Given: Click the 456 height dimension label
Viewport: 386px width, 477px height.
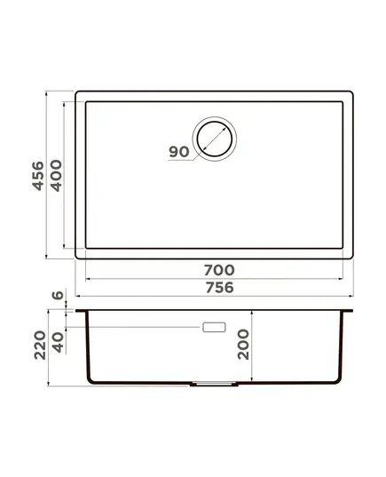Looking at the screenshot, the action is pyautogui.click(x=38, y=176).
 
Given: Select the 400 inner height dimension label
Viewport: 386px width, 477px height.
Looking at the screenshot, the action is pyautogui.click(x=56, y=176).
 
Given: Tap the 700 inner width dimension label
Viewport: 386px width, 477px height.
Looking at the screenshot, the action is pyautogui.click(x=219, y=270).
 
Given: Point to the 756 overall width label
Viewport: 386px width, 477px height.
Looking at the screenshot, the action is pyautogui.click(x=220, y=288).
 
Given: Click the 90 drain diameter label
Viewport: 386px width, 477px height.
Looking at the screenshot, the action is pyautogui.click(x=179, y=152).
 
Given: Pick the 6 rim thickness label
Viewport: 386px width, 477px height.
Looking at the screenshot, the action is pyautogui.click(x=58, y=295).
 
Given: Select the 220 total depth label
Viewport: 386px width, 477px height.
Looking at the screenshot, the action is pyautogui.click(x=40, y=346).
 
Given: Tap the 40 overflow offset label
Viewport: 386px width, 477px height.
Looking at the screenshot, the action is pyautogui.click(x=58, y=342).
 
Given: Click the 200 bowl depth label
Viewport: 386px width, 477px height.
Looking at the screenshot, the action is pyautogui.click(x=243, y=345).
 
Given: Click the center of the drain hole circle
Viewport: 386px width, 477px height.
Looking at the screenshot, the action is pyautogui.click(x=214, y=139).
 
